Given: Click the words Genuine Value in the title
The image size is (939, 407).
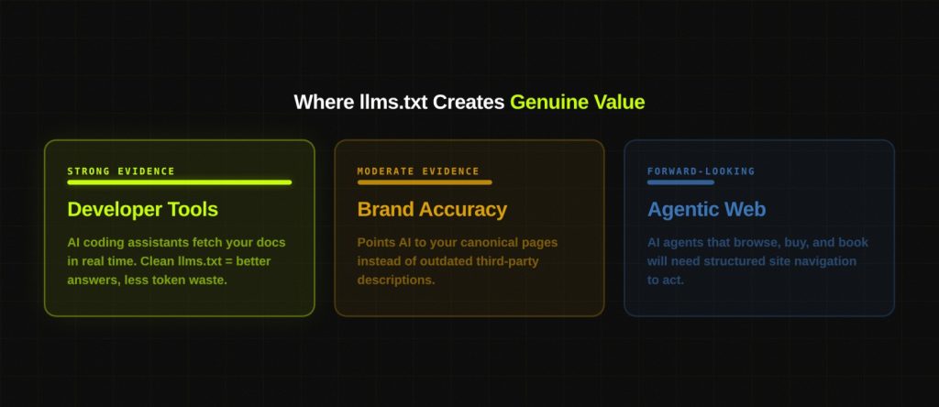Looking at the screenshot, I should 577,102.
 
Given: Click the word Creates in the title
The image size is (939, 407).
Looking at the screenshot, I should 469,102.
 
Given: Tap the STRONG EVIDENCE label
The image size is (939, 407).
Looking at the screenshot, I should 121,171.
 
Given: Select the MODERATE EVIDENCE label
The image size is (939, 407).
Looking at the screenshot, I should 418,171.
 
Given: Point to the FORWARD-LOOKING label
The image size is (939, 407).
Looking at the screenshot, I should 701,171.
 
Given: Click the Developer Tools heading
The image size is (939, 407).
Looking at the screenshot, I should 142,209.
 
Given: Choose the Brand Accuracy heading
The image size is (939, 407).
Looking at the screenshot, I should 432,209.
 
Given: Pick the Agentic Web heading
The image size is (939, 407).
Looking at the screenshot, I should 706,209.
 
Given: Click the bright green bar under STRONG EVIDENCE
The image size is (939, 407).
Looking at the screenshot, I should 179,182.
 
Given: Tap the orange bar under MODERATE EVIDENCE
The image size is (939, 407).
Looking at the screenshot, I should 425,182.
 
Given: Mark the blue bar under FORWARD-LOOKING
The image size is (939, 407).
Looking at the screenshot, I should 680,182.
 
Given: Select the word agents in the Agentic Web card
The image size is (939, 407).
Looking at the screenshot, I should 683,243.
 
